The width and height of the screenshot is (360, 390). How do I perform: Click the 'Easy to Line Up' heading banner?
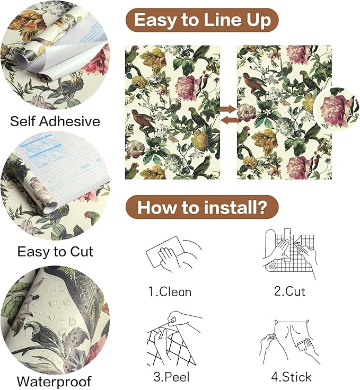coord(202,20)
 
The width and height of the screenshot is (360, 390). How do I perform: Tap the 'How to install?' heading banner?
coord(202,207)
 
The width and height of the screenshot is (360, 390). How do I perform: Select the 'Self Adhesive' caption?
coord(55,121)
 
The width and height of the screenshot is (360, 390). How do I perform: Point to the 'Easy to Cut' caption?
coord(55,251)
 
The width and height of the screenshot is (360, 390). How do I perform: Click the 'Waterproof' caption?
coord(54,381)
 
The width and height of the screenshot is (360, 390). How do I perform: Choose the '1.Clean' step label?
coord(170,291)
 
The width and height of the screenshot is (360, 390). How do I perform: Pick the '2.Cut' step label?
coord(289,291)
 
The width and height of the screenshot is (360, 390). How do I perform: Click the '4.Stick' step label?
coord(291,377)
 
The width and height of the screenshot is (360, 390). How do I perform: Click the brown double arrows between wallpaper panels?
coord(229,114)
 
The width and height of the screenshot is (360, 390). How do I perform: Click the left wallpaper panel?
coord(172,112)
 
